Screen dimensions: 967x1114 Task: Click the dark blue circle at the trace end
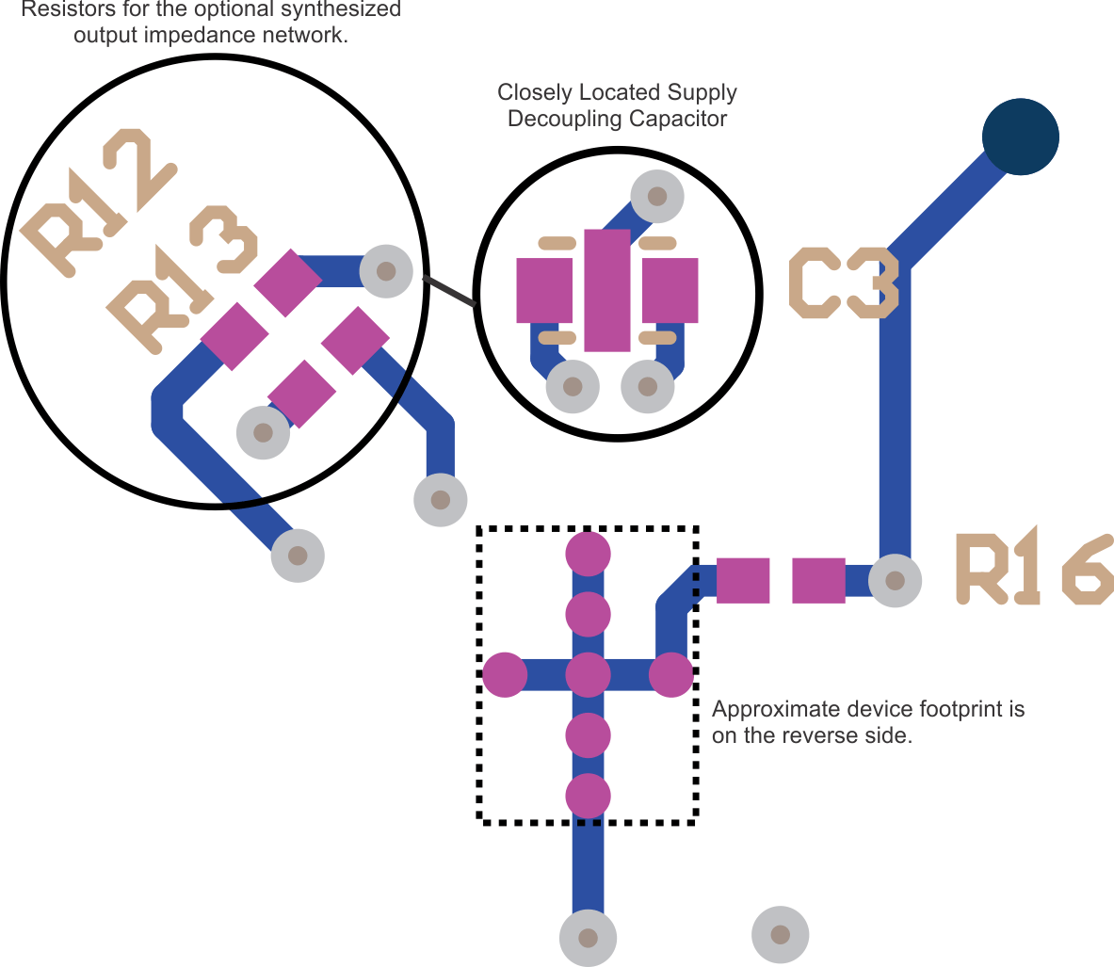[1020, 137]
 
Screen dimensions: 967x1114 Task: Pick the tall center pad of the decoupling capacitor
[606, 290]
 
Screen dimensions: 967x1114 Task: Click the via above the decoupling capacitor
[656, 196]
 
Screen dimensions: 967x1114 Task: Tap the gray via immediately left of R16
[895, 580]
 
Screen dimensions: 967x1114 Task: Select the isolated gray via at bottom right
[780, 934]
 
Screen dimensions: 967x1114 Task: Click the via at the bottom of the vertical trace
[588, 938]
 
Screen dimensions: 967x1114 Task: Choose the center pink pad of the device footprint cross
[589, 674]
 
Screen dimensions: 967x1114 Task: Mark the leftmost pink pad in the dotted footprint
[505, 674]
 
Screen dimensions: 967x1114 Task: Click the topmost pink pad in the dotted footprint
[589, 554]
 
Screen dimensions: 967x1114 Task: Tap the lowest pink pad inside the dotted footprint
[589, 796]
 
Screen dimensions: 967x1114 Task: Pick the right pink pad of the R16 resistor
[818, 580]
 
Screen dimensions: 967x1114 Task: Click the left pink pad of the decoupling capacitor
[544, 290]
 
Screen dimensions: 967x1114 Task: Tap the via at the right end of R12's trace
[386, 271]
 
